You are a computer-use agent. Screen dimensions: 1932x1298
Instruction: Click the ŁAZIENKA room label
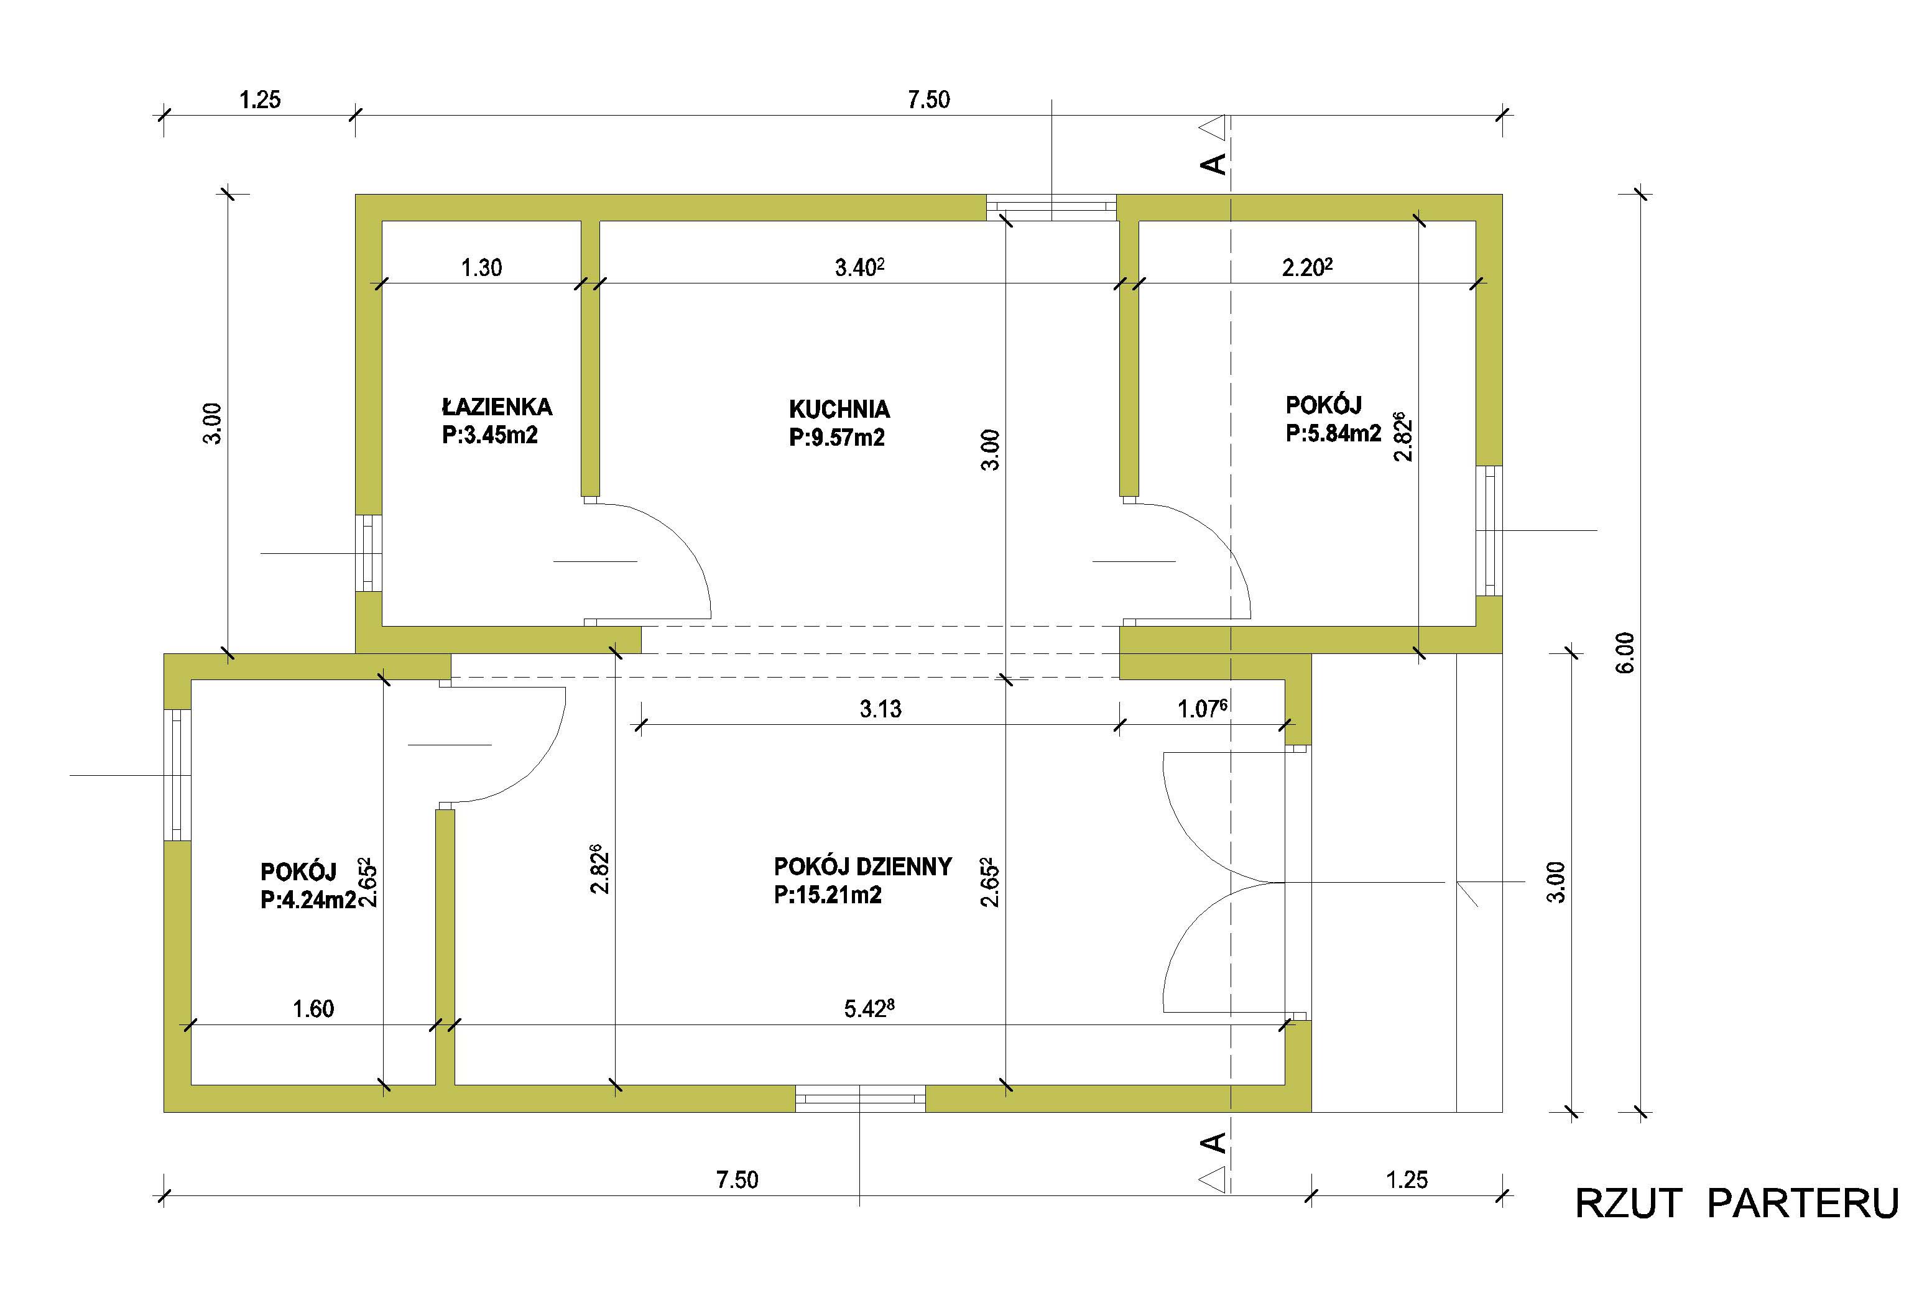click(497, 407)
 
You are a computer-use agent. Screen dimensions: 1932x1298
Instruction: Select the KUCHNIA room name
click(839, 409)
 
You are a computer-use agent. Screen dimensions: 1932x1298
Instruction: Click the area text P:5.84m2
click(1333, 433)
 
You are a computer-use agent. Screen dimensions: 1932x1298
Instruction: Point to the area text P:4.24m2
click(308, 900)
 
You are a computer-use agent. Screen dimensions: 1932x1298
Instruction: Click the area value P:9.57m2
click(836, 437)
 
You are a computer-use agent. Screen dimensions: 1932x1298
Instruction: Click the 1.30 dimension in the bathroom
click(481, 267)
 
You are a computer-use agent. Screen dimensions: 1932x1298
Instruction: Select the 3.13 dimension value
click(880, 709)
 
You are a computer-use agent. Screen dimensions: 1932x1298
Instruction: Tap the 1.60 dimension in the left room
click(313, 1008)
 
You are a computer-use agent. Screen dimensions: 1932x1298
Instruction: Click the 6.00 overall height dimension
click(1625, 653)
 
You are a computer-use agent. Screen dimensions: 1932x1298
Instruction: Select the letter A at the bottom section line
click(1213, 1143)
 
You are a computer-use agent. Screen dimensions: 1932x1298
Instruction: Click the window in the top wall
click(1052, 207)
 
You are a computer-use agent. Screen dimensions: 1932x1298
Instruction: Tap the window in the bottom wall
click(861, 1098)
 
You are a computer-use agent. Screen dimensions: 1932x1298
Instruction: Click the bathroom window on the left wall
click(369, 553)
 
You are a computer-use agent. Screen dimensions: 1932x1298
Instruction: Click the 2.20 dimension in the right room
click(1307, 267)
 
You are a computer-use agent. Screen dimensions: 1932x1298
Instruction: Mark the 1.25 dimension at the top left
click(260, 99)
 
